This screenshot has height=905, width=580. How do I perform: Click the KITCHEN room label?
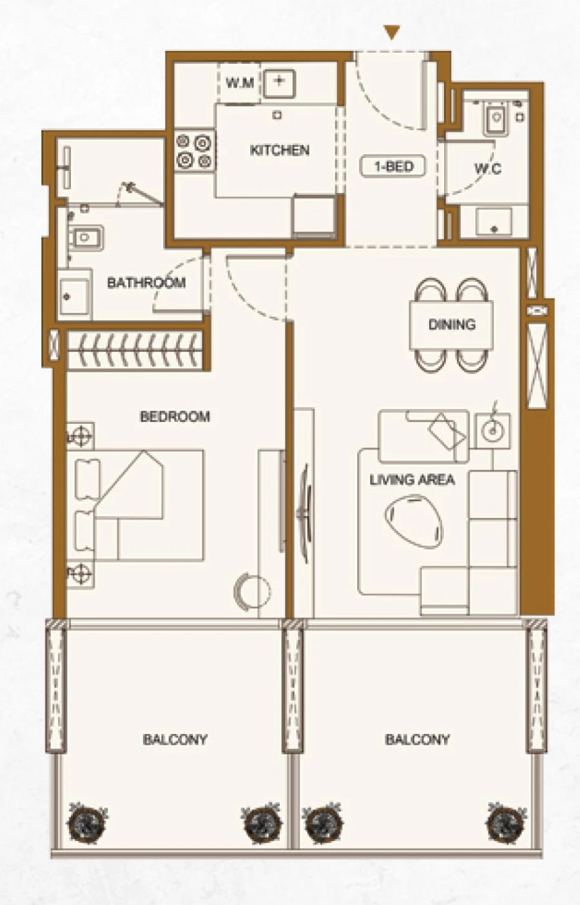(x=279, y=150)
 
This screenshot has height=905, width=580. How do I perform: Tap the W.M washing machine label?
(x=239, y=83)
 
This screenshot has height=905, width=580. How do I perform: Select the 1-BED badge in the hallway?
(x=393, y=166)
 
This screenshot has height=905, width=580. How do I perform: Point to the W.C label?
(x=487, y=169)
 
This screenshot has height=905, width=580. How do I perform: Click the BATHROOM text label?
(x=146, y=283)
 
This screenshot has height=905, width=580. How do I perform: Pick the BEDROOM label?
(x=175, y=417)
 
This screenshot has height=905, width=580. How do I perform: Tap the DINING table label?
(x=452, y=324)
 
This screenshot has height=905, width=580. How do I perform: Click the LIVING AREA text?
(x=412, y=480)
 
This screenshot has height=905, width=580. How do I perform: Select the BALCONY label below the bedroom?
(x=175, y=739)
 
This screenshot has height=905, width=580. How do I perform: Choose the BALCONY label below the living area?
(x=417, y=739)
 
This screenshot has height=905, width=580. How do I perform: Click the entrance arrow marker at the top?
(x=392, y=33)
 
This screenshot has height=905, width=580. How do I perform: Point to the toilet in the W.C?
(x=495, y=119)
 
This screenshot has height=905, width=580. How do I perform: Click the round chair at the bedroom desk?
(x=246, y=590)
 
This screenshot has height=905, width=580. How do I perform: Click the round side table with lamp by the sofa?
(x=493, y=426)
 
